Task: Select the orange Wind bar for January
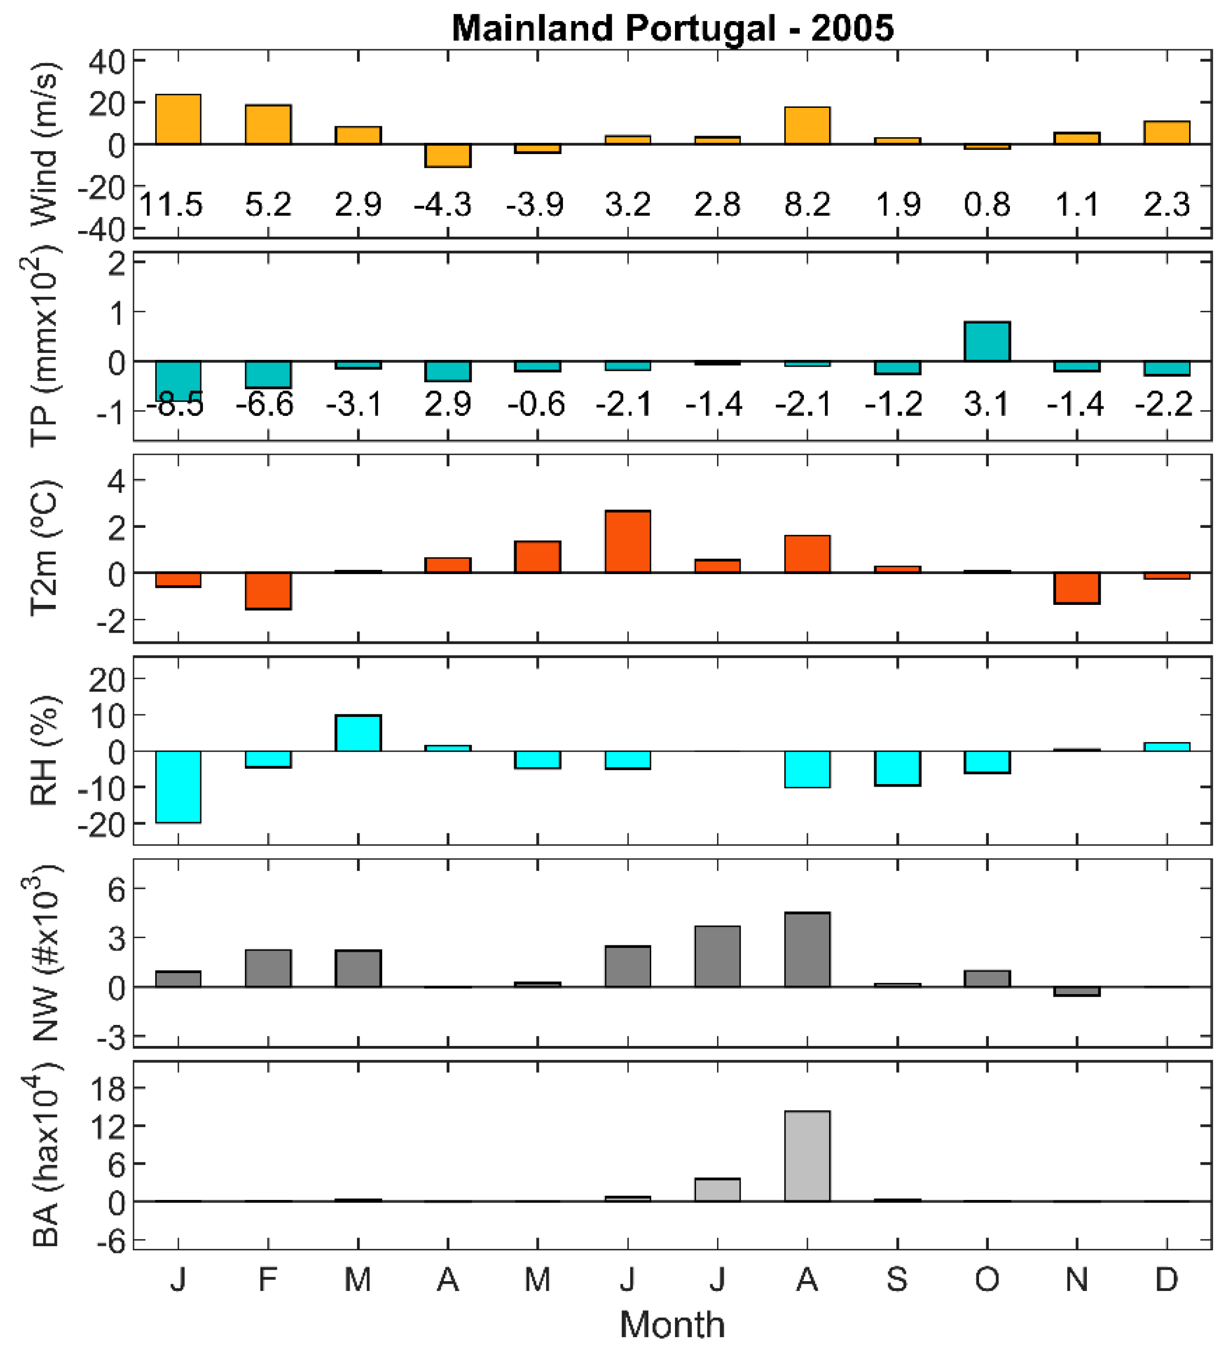click(178, 119)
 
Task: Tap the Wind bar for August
click(807, 125)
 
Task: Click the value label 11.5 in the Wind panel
click(171, 204)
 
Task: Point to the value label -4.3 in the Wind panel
click(443, 204)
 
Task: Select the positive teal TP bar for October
click(987, 341)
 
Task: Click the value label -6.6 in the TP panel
click(265, 404)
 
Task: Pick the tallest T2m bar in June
click(627, 541)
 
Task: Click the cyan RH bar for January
click(178, 786)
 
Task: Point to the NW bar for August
click(807, 949)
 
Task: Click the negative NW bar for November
click(1077, 991)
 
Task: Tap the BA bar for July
click(717, 1190)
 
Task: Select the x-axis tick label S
click(897, 1280)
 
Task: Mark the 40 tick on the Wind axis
click(107, 62)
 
